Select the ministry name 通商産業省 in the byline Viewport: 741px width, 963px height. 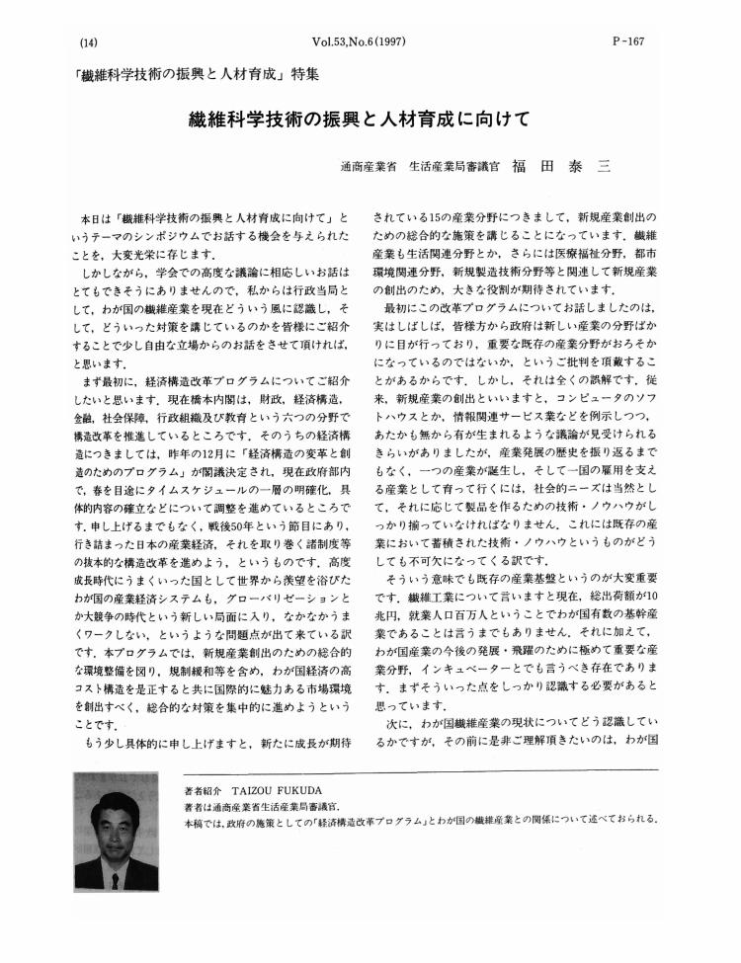[x=368, y=168]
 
